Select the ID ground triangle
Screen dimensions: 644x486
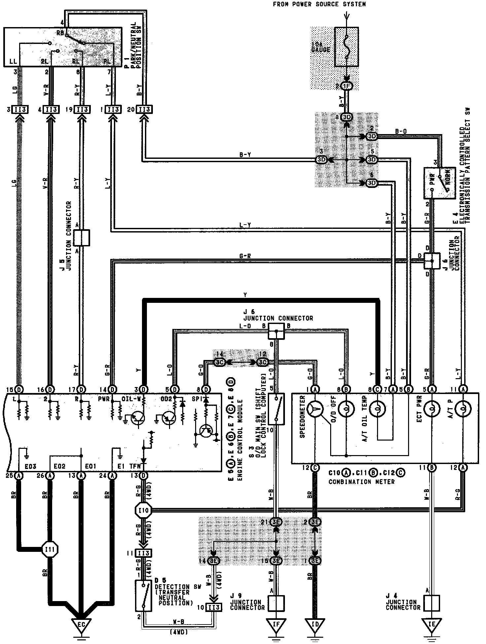315,624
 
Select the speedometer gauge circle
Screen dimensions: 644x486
315,410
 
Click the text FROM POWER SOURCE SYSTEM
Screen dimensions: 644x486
319,4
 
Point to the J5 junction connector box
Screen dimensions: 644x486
81,238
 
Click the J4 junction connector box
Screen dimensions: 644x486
432,603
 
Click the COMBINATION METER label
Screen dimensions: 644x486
361,482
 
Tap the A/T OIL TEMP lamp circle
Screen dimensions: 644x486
378,410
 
